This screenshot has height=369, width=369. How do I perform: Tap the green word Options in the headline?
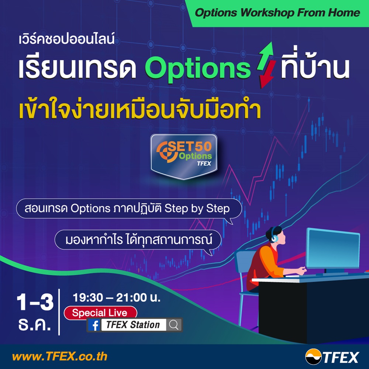coord(198,68)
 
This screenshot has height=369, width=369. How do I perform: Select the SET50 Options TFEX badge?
coord(184,156)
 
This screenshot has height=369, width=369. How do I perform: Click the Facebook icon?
coord(94,325)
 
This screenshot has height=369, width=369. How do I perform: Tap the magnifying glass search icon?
coord(174,325)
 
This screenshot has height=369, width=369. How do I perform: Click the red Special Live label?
coord(100,313)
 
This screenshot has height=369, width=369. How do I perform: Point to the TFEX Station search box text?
coord(133,325)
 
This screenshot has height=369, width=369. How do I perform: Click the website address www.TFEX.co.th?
coord(60,356)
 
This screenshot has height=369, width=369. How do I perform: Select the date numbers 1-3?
coord(35,302)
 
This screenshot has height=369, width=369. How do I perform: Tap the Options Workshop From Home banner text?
coord(277,13)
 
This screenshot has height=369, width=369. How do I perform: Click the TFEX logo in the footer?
coord(332,357)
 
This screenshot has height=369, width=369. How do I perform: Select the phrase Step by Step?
coord(197,208)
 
